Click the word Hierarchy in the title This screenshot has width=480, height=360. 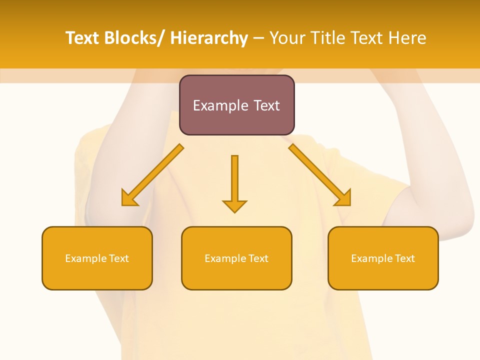click(209, 38)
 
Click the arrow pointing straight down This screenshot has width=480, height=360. click(234, 180)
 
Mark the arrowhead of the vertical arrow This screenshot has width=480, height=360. click(234, 205)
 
